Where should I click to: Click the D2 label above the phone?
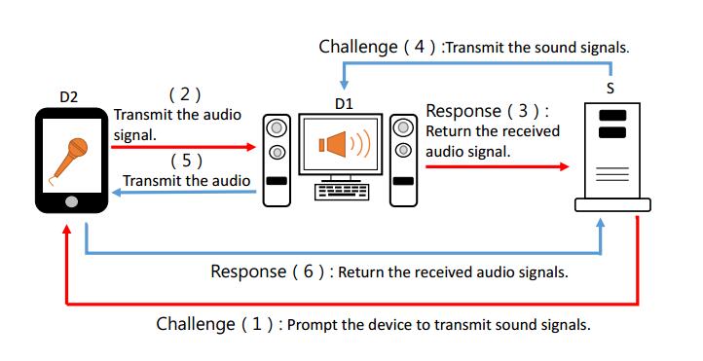[68, 96]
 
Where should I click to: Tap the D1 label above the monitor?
[344, 104]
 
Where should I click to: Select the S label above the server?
[610, 89]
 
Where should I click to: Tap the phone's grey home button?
[71, 202]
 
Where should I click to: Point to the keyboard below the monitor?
[342, 192]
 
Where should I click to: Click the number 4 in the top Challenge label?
[420, 46]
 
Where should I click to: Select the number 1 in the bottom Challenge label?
[256, 323]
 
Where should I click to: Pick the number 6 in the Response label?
[308, 271]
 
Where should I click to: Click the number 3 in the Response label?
[523, 111]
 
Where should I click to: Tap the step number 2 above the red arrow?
[185, 94]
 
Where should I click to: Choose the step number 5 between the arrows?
[187, 160]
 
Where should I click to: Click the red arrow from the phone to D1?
[183, 147]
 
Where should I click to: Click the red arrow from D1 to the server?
[498, 166]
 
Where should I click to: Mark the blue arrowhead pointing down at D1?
[344, 85]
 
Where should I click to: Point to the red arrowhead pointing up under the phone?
[67, 229]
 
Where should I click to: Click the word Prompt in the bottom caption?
[312, 324]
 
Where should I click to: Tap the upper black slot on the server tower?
[612, 116]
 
